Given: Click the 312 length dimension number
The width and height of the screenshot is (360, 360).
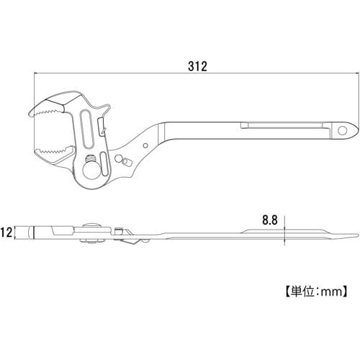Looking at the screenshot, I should coord(197,66).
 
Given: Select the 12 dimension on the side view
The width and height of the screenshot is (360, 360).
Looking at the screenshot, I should coord(7,234).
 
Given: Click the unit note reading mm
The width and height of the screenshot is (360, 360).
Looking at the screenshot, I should coord(317,292).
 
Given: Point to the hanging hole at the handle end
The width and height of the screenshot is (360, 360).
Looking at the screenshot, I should coord(343,130).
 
